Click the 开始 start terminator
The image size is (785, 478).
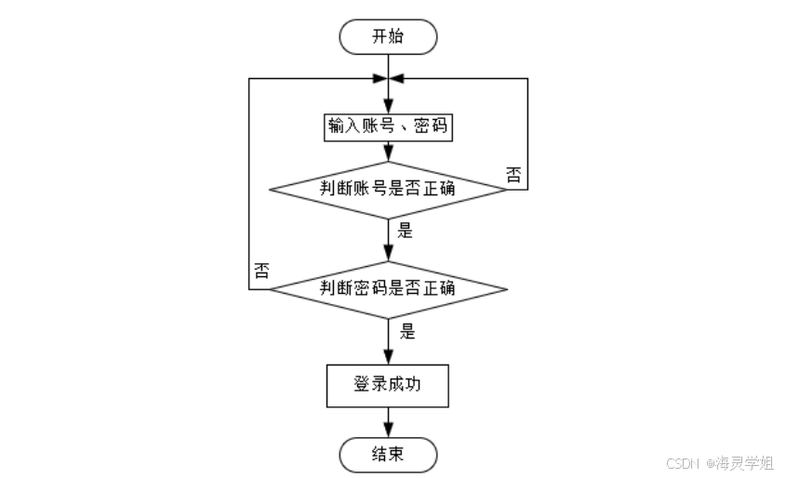click(x=389, y=37)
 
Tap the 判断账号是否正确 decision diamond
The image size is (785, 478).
click(x=389, y=189)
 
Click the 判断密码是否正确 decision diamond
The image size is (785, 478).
click(x=389, y=288)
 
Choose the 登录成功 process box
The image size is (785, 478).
click(x=389, y=384)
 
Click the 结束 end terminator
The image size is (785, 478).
click(x=389, y=455)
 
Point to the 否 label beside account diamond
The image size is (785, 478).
click(x=513, y=174)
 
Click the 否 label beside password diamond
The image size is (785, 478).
click(x=262, y=272)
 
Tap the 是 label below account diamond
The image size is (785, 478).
click(x=406, y=232)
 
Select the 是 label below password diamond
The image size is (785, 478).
click(x=406, y=331)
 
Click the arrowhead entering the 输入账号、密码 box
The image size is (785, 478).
click(x=389, y=108)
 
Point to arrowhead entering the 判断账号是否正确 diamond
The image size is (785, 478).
click(x=389, y=157)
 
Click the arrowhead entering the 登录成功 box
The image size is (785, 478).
click(x=389, y=357)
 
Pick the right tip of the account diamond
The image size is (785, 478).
click(x=508, y=189)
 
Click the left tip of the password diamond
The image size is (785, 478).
click(x=270, y=288)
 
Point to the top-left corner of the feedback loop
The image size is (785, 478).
click(x=249, y=78)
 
